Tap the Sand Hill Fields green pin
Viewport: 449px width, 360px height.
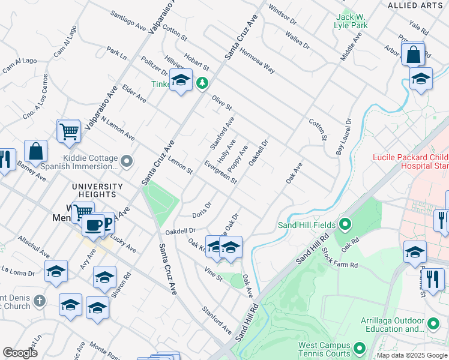pyautogui.click(x=345, y=225)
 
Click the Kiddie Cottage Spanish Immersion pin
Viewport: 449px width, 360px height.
pyautogui.click(x=127, y=161)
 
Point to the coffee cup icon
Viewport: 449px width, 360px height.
pyautogui.click(x=92, y=225)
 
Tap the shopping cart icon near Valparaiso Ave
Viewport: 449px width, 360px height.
pyautogui.click(x=69, y=131)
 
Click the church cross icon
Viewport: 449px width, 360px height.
pyautogui.click(x=39, y=301)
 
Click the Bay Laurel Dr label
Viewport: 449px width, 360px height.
pyautogui.click(x=342, y=144)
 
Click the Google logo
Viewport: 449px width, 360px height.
pyautogui.click(x=20, y=353)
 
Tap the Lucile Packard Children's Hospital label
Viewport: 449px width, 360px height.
pyautogui.click(x=410, y=161)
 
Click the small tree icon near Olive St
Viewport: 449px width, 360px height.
pyautogui.click(x=203, y=82)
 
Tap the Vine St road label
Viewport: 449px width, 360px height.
pyautogui.click(x=213, y=277)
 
